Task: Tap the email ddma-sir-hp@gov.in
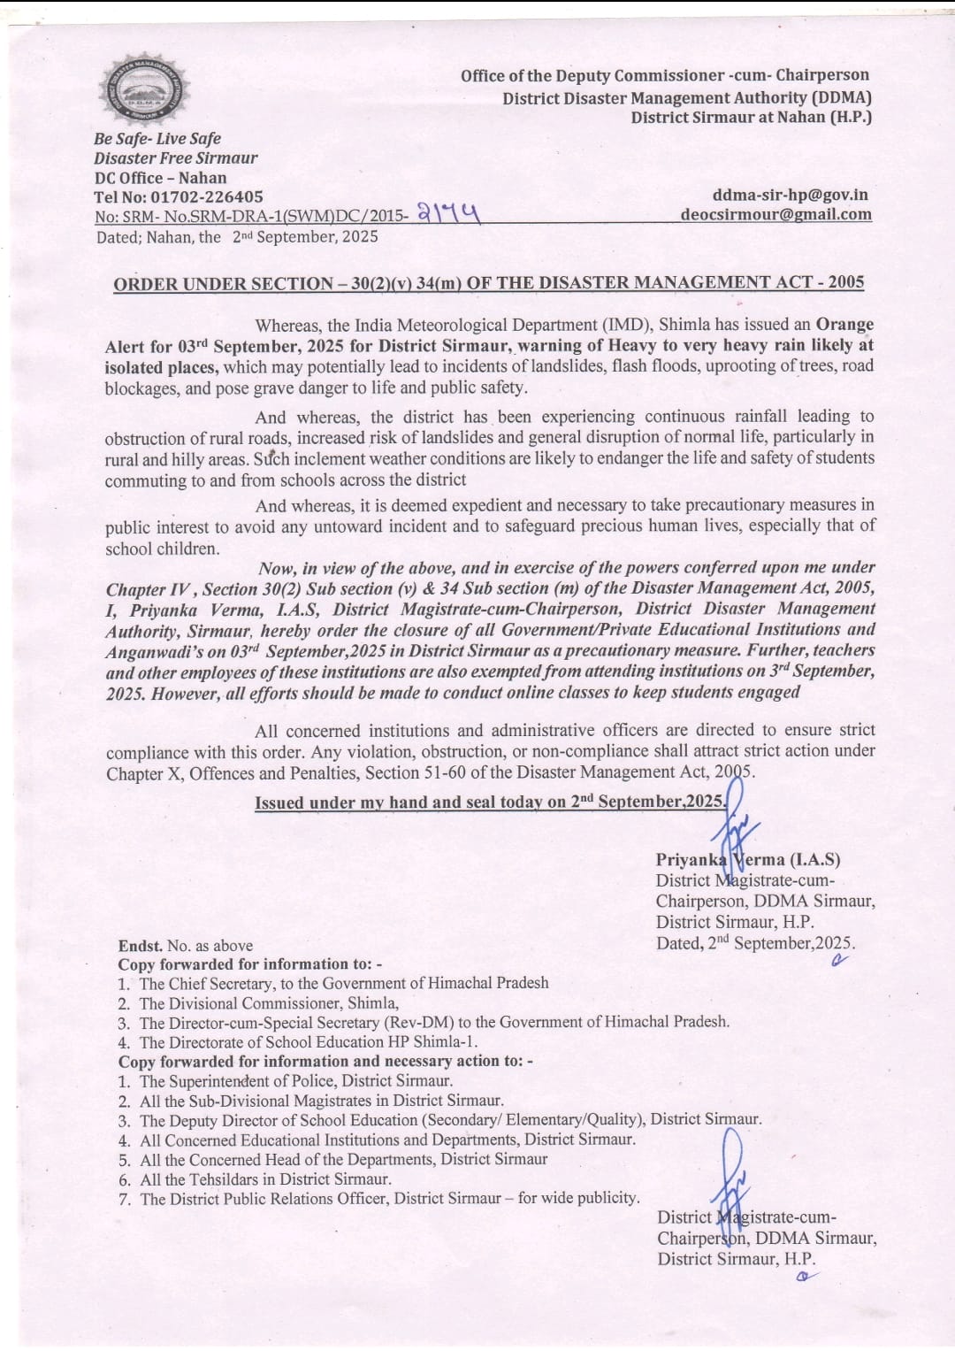[790, 195]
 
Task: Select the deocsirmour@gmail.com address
[775, 214]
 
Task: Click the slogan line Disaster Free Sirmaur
[176, 158]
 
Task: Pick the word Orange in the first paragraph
[844, 325]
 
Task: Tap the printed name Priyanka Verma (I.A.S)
[747, 859]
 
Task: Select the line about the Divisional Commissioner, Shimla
[269, 1003]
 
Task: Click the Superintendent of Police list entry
[295, 1081]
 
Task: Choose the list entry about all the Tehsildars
[265, 1179]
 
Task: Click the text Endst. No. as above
[186, 946]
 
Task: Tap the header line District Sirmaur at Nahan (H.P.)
[751, 117]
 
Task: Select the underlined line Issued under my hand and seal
[490, 802]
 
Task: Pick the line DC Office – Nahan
[160, 178]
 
